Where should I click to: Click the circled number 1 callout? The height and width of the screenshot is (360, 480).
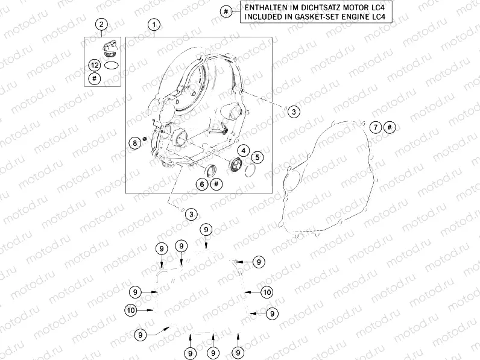(154, 25)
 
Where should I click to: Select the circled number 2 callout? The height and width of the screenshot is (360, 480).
(102, 24)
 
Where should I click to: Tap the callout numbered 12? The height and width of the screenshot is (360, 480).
(95, 65)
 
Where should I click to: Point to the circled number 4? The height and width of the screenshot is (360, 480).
(244, 151)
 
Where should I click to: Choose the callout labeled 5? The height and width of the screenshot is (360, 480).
(257, 157)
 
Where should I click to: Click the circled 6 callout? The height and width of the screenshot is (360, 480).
(202, 184)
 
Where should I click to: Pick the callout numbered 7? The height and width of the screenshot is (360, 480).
(376, 127)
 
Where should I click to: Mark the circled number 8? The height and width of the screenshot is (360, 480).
(134, 143)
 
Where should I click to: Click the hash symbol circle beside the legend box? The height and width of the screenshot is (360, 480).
(226, 11)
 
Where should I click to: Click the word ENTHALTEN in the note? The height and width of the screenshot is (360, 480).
(262, 7)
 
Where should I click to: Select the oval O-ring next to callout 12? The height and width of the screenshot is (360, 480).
(111, 65)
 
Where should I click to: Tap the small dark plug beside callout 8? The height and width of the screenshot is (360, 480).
(145, 139)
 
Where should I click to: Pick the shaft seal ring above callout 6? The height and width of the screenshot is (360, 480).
(210, 171)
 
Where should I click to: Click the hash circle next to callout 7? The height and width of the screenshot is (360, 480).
(390, 127)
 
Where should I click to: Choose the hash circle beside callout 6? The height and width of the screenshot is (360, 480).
(216, 184)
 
